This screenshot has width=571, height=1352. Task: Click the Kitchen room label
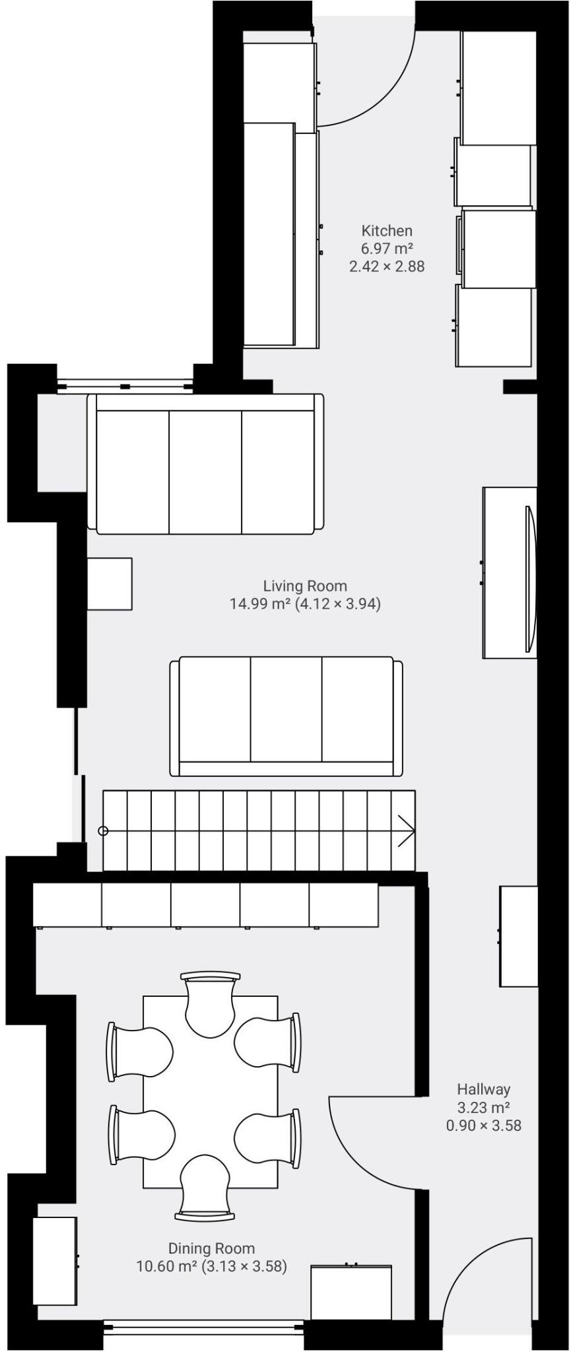(387, 231)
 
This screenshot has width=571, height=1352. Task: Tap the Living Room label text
(305, 586)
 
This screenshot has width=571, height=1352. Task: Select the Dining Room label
(211, 1248)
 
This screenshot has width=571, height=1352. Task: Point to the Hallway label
(484, 1089)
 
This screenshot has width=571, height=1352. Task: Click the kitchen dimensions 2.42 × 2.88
(387, 267)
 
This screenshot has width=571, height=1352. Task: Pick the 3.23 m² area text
(484, 1107)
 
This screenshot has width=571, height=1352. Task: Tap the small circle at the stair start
(103, 830)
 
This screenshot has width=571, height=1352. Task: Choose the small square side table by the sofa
(110, 584)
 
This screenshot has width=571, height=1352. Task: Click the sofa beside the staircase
(286, 716)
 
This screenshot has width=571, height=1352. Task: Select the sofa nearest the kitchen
(205, 463)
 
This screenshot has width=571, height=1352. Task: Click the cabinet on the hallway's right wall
(518, 936)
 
